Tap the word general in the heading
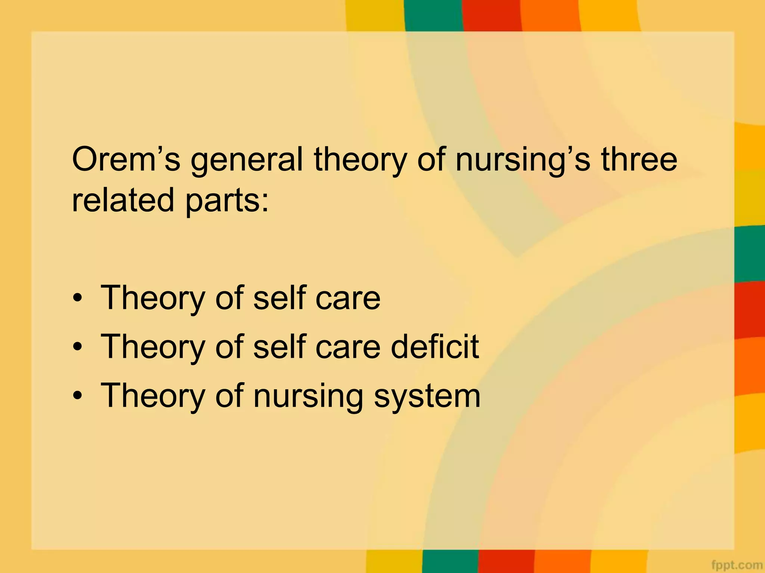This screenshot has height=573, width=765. click(x=247, y=161)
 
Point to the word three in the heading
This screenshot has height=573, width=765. click(x=639, y=159)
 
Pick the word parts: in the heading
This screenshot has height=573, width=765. click(x=227, y=201)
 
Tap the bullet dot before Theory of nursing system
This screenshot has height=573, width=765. click(x=77, y=396)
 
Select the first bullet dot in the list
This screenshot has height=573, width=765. click(x=77, y=298)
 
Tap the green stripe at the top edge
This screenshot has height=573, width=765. click(x=433, y=15)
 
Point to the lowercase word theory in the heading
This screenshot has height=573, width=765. click(x=359, y=161)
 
